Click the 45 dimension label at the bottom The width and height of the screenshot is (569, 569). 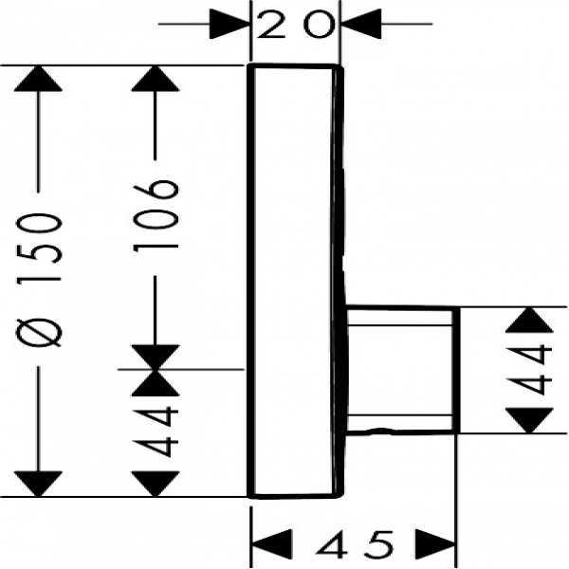(354, 545)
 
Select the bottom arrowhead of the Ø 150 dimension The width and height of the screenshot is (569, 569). (40, 479)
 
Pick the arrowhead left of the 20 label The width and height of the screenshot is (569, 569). (229, 24)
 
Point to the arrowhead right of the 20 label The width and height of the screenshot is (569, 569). (359, 24)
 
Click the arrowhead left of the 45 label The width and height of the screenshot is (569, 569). (270, 545)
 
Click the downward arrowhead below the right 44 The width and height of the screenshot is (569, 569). (528, 417)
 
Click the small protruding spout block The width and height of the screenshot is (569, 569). (401, 370)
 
